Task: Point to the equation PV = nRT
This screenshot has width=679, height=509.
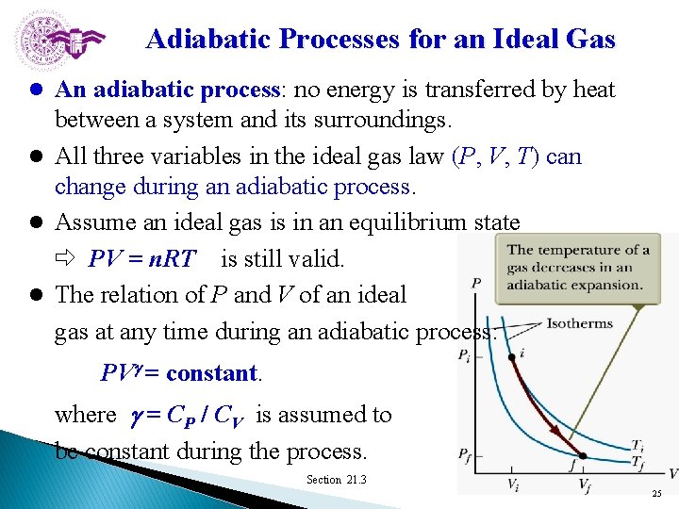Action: [x=142, y=259]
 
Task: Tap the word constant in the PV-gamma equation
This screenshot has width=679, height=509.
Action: [x=212, y=372]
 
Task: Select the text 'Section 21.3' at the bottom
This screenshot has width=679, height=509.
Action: [x=336, y=480]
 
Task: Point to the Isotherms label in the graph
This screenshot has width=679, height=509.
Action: [x=579, y=323]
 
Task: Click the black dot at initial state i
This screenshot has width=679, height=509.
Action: [x=511, y=357]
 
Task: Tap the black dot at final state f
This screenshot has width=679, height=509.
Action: [x=582, y=456]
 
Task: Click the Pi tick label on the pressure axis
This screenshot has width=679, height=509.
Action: [x=465, y=356]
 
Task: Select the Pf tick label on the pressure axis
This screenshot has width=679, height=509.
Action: [x=465, y=455]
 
